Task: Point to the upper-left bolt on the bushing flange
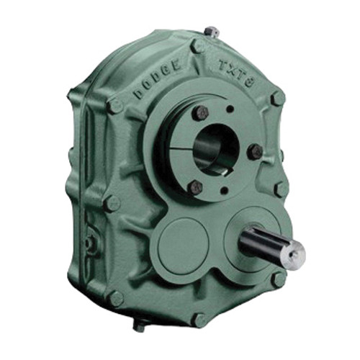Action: (201, 113)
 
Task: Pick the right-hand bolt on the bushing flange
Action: (254, 151)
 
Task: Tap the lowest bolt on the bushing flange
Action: (195, 186)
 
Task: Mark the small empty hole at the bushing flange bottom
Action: (224, 192)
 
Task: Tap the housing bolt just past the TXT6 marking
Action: (277, 98)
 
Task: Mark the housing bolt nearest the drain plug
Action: (115, 298)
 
